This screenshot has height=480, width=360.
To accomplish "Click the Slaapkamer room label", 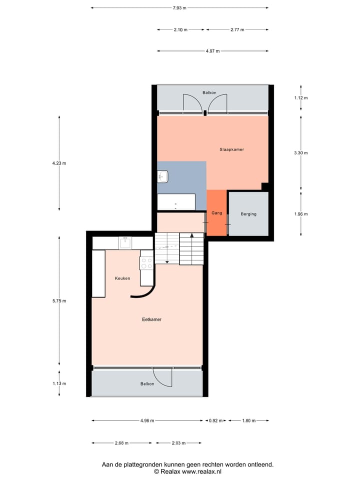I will pos(231,149).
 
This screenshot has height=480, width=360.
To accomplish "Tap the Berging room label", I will pos(248,214).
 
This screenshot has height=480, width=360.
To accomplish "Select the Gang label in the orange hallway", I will pos(216,213).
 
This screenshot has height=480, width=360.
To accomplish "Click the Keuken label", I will pos(122,278).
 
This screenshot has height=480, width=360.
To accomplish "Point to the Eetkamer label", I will pos(151,319).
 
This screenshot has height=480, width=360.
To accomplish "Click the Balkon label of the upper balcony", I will pos(209,93).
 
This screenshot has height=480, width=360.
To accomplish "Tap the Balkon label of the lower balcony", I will pos(147,383).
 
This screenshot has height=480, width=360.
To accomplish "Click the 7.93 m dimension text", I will pos(179,7).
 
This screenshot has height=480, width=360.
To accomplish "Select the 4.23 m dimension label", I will pos(59,163).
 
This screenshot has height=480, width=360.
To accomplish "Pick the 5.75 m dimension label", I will pos(59,301).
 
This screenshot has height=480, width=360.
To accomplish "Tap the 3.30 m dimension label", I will pos(301,153).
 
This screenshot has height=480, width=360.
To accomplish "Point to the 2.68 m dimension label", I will pos(121,443).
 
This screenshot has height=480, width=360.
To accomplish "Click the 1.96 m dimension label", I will pos(301,214).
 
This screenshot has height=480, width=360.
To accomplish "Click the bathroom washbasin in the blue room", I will pos(163,176).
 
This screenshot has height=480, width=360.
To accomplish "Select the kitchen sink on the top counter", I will pos(125,243).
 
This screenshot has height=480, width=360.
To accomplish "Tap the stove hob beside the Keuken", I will pos(146,263).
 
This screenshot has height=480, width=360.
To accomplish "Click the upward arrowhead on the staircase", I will pos(192,235).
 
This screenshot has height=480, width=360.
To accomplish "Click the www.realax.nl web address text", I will pos(201,471).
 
